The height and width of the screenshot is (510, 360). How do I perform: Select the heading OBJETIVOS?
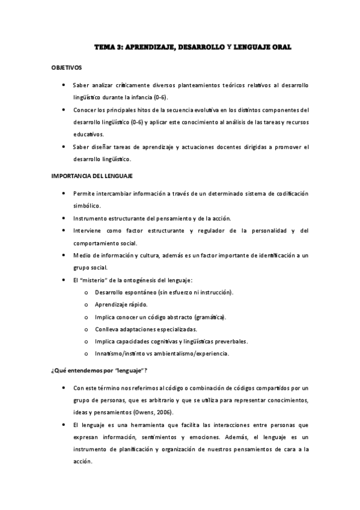(67, 68)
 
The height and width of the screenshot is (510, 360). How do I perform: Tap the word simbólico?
(88, 205)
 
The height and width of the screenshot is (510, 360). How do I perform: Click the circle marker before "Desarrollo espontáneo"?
(87, 292)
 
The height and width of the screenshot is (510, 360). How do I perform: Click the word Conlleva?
(108, 329)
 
